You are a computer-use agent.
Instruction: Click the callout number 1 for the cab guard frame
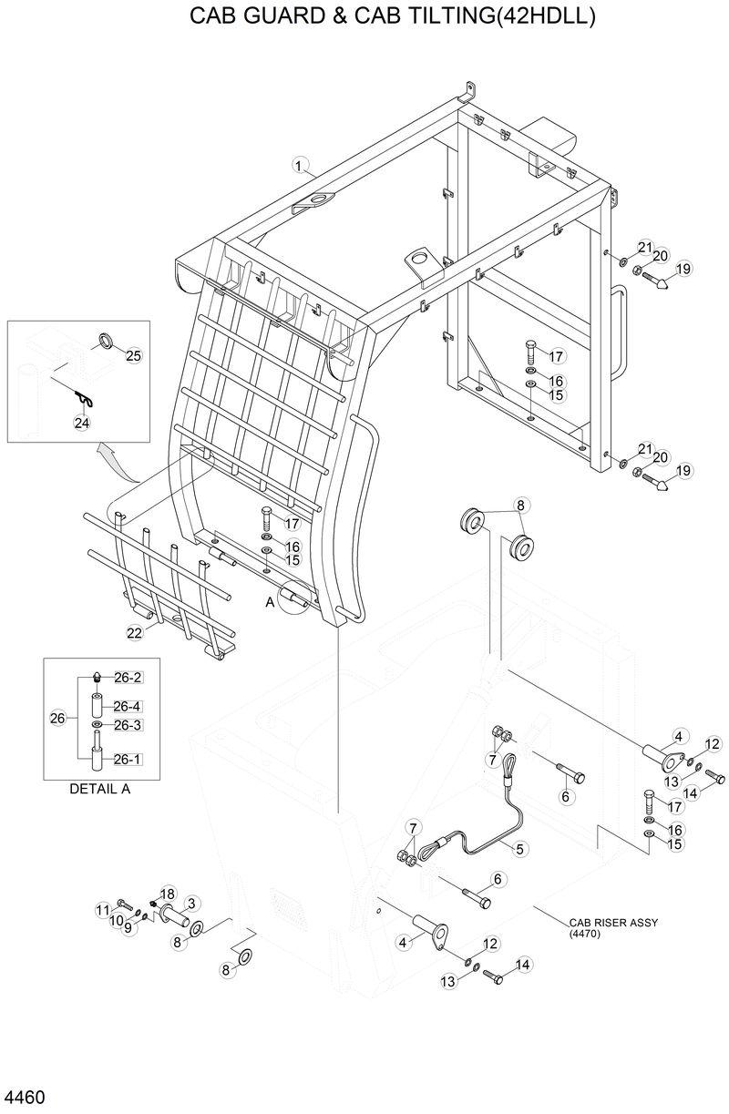(x=297, y=165)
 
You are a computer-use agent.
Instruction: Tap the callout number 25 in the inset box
(x=133, y=355)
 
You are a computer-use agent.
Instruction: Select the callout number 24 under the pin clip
(x=82, y=422)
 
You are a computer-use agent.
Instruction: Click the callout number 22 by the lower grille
(x=134, y=632)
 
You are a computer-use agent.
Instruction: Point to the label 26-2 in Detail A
(x=127, y=678)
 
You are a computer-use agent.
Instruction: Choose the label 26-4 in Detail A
(x=127, y=706)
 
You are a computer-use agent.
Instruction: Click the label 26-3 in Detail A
(x=127, y=725)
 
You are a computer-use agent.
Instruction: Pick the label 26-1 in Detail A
(x=127, y=759)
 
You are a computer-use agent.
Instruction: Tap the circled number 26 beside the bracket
(x=58, y=719)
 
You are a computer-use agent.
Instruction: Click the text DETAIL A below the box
(x=99, y=789)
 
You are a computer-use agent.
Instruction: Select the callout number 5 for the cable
(x=520, y=848)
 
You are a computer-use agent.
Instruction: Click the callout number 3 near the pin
(x=192, y=903)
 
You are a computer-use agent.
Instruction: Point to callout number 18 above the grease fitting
(x=167, y=894)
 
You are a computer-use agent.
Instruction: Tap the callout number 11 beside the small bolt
(x=103, y=910)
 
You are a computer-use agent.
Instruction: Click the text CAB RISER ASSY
(x=612, y=922)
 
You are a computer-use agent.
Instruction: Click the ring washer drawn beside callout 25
(x=106, y=342)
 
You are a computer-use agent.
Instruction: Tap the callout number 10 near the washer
(x=117, y=920)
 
